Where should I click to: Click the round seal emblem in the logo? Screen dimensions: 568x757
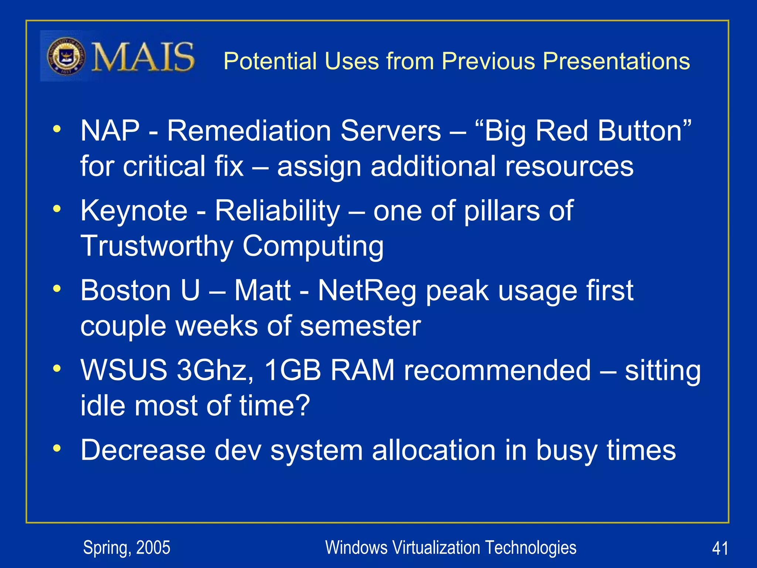[66, 57]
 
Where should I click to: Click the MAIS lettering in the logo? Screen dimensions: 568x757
[143, 57]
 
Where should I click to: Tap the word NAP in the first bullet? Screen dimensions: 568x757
[110, 131]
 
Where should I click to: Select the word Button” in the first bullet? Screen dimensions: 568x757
[645, 131]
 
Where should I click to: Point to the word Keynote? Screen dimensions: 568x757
[134, 211]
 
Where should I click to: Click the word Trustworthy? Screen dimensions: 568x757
[157, 246]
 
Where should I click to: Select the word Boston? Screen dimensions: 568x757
[126, 291]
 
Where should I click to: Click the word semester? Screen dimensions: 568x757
[360, 326]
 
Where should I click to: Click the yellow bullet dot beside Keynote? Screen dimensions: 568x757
[57, 209]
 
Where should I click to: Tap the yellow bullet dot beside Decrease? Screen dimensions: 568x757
[57, 448]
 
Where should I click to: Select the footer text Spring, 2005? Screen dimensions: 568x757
[126, 548]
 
